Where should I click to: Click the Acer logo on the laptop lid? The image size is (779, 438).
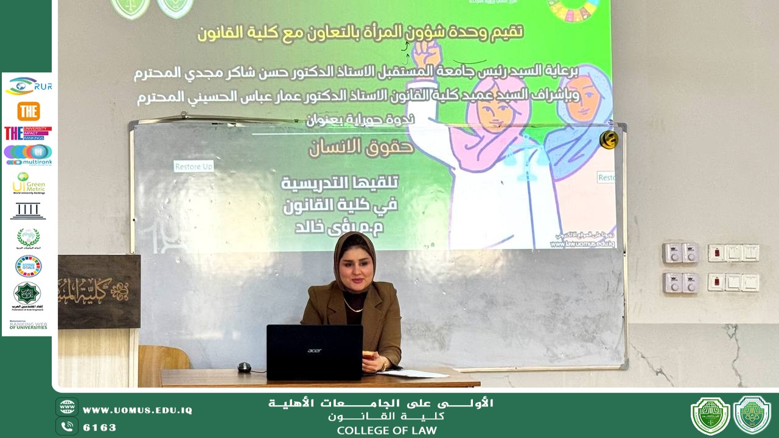314,350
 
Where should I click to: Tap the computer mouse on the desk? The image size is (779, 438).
244,367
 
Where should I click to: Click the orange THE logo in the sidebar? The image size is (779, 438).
28,111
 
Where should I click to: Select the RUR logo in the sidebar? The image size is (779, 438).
28,86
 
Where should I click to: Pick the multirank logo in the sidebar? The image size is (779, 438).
28,155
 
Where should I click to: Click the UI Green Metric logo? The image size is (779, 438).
28,183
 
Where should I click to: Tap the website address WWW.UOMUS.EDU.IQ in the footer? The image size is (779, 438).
138,410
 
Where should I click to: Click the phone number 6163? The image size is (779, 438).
100,427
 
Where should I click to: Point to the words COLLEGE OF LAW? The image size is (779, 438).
387,431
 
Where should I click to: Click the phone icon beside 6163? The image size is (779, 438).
67,426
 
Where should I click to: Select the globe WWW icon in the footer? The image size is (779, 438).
67,407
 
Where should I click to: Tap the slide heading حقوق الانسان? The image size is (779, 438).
362,147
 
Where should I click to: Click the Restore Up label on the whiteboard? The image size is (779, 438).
194,166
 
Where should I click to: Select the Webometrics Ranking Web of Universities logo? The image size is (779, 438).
28,325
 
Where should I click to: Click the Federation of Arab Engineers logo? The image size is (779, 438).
28,296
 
